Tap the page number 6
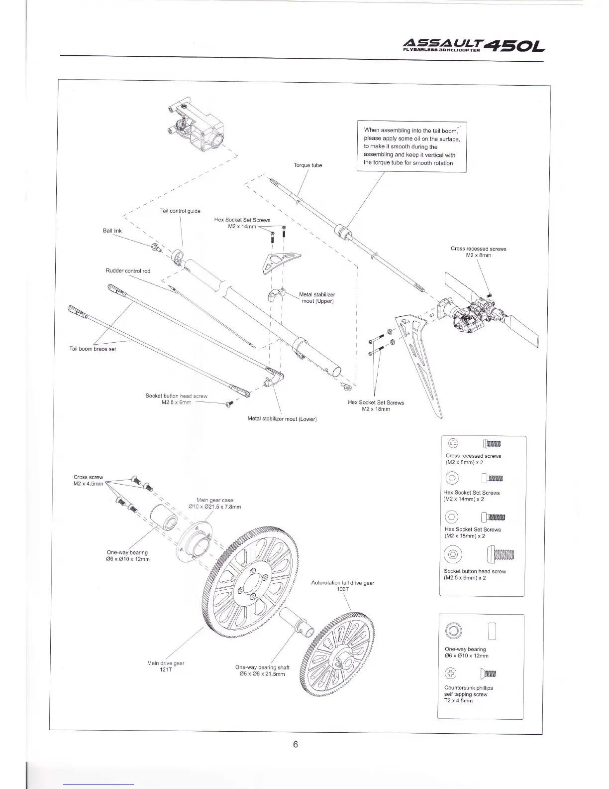click(x=295, y=744)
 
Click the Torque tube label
click(x=308, y=165)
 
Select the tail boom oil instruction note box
click(x=411, y=146)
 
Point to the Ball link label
click(x=112, y=231)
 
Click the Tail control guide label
click(x=180, y=211)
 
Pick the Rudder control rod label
click(x=128, y=271)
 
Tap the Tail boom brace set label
click(x=93, y=349)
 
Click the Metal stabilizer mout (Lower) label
click(x=282, y=419)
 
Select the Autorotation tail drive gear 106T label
click(x=342, y=586)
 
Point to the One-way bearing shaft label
click(x=262, y=670)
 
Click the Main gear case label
click(x=215, y=503)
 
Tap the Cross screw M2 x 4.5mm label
click(x=88, y=480)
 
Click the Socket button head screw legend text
click(x=475, y=574)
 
